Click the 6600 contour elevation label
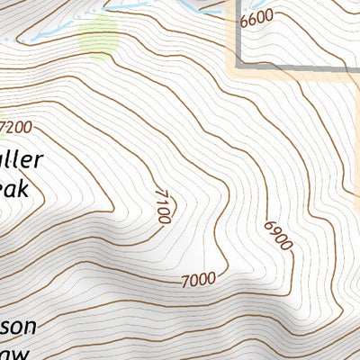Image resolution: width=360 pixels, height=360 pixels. pyautogui.click(x=257, y=17)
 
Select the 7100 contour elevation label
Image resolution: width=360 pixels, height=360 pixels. pyautogui.click(x=163, y=205)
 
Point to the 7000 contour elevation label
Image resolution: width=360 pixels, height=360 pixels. pyautogui.click(x=198, y=279)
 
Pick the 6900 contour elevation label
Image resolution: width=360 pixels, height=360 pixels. pyautogui.click(x=279, y=236)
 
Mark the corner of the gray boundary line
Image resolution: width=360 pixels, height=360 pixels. pyautogui.click(x=239, y=65)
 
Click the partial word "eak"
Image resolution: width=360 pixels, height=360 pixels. pyautogui.click(x=14, y=189)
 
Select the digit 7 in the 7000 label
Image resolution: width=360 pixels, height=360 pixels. pyautogui.click(x=184, y=280)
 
